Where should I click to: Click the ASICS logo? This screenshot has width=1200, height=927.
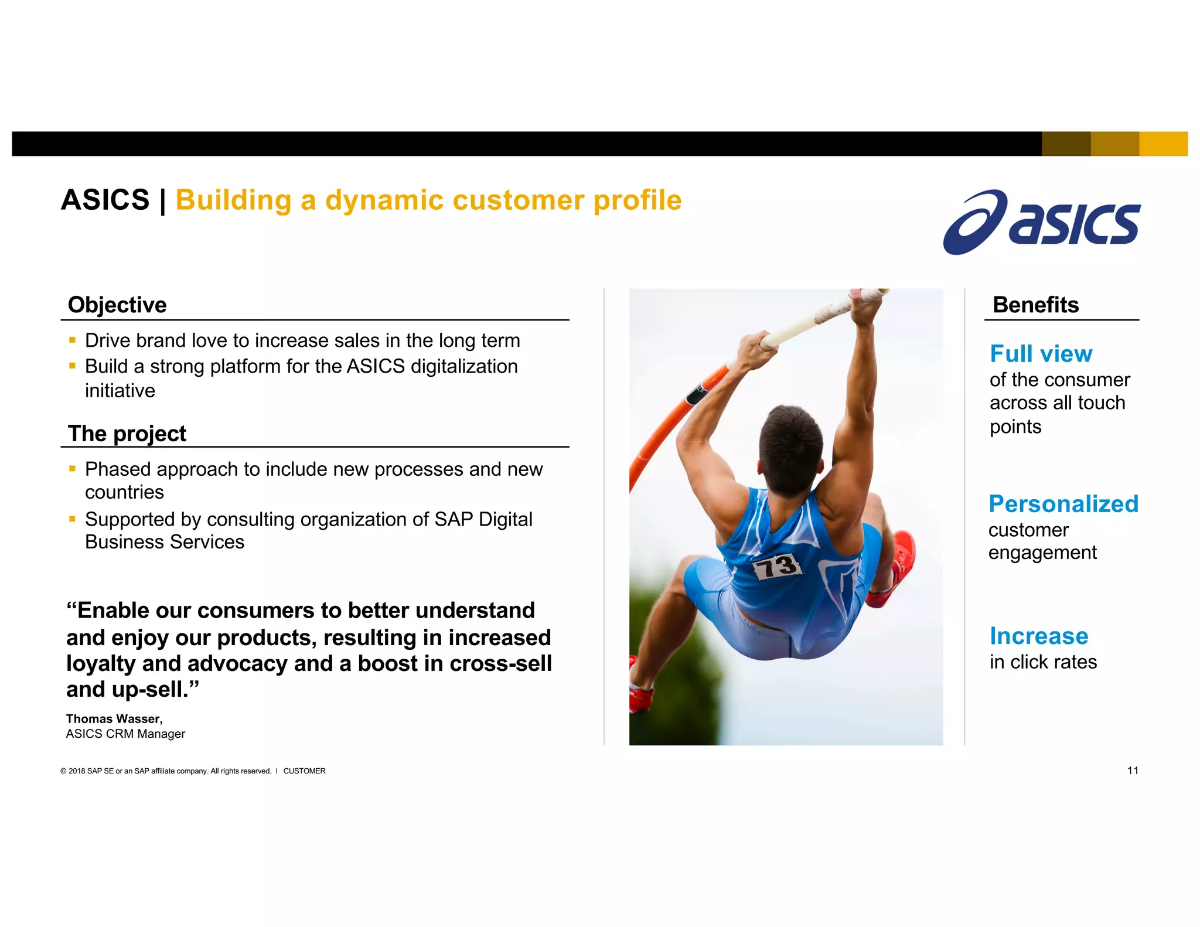1042,223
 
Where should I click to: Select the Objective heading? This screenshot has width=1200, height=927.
117,305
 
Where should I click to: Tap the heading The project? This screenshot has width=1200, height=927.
127,434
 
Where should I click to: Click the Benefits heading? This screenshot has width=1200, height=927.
1035,305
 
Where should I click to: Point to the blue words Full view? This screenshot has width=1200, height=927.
1041,354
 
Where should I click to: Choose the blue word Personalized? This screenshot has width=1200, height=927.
1063,504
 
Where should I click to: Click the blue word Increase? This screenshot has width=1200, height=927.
1038,636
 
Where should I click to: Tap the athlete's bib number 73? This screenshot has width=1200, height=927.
776,566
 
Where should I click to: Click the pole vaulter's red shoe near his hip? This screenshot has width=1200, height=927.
894,568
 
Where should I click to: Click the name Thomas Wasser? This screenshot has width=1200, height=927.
114,719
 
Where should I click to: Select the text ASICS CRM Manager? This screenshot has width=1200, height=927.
125,734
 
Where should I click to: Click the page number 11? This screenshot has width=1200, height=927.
1133,771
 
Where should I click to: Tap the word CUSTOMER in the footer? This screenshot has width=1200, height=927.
304,771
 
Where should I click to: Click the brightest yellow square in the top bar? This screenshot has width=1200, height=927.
1163,144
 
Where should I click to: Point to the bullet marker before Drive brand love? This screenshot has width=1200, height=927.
72,340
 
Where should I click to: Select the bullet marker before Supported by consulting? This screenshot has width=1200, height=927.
72,519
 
